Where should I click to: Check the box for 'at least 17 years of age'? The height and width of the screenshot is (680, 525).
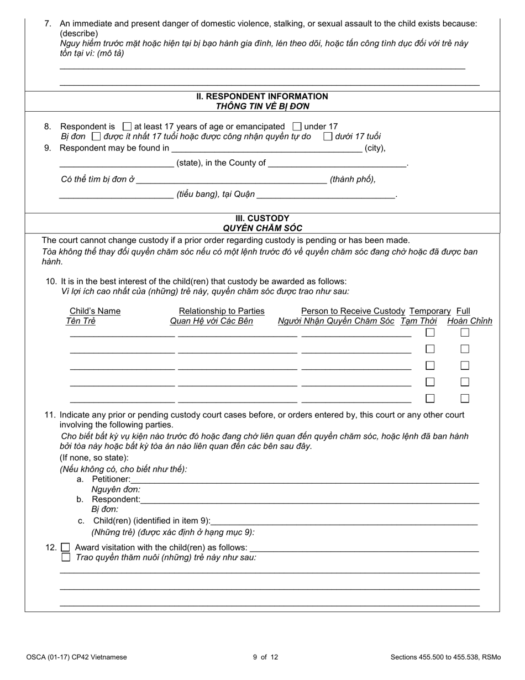point(127,126)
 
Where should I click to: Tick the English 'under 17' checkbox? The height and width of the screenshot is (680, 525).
point(297,126)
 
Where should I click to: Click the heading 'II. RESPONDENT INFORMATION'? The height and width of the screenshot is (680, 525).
point(262,96)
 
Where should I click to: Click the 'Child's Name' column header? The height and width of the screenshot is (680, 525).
point(95,311)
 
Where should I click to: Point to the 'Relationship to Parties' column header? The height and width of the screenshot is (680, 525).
point(222,311)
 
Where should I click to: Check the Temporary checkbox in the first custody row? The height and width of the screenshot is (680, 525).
point(430,333)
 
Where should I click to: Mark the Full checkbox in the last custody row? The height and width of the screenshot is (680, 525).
point(465,398)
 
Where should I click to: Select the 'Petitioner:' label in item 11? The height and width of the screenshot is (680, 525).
point(111,479)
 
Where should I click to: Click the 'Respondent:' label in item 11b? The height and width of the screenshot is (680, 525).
point(116,500)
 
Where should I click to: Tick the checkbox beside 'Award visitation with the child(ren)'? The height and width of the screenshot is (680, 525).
point(66,547)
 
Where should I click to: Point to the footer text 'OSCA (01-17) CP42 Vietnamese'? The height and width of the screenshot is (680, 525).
point(76,657)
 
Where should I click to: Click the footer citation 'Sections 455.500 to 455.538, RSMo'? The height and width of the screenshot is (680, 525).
point(445,657)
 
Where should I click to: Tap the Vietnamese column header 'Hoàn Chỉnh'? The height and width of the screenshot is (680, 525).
point(469,321)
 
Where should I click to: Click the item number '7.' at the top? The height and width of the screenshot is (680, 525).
point(48,24)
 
